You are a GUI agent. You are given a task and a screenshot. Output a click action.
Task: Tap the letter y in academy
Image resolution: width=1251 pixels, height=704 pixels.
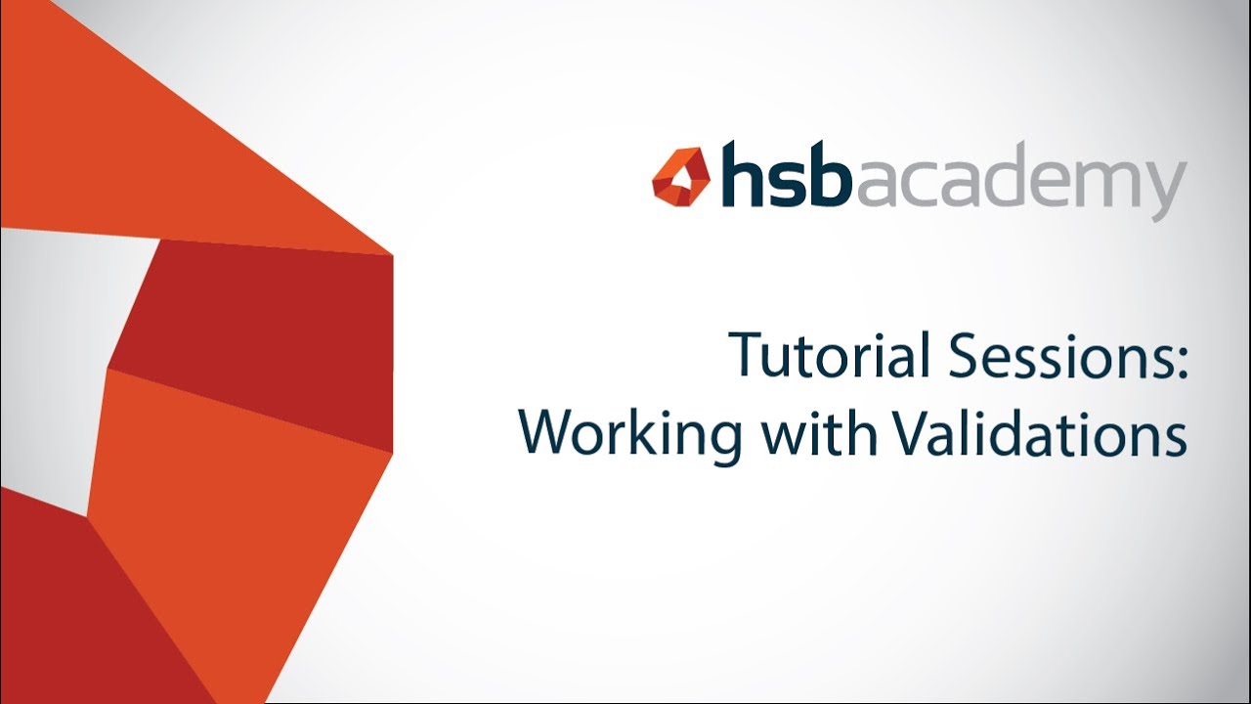click(x=1166, y=192)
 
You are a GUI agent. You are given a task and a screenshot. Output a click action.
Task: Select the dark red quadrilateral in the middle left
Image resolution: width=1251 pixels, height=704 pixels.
click(x=264, y=332)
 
